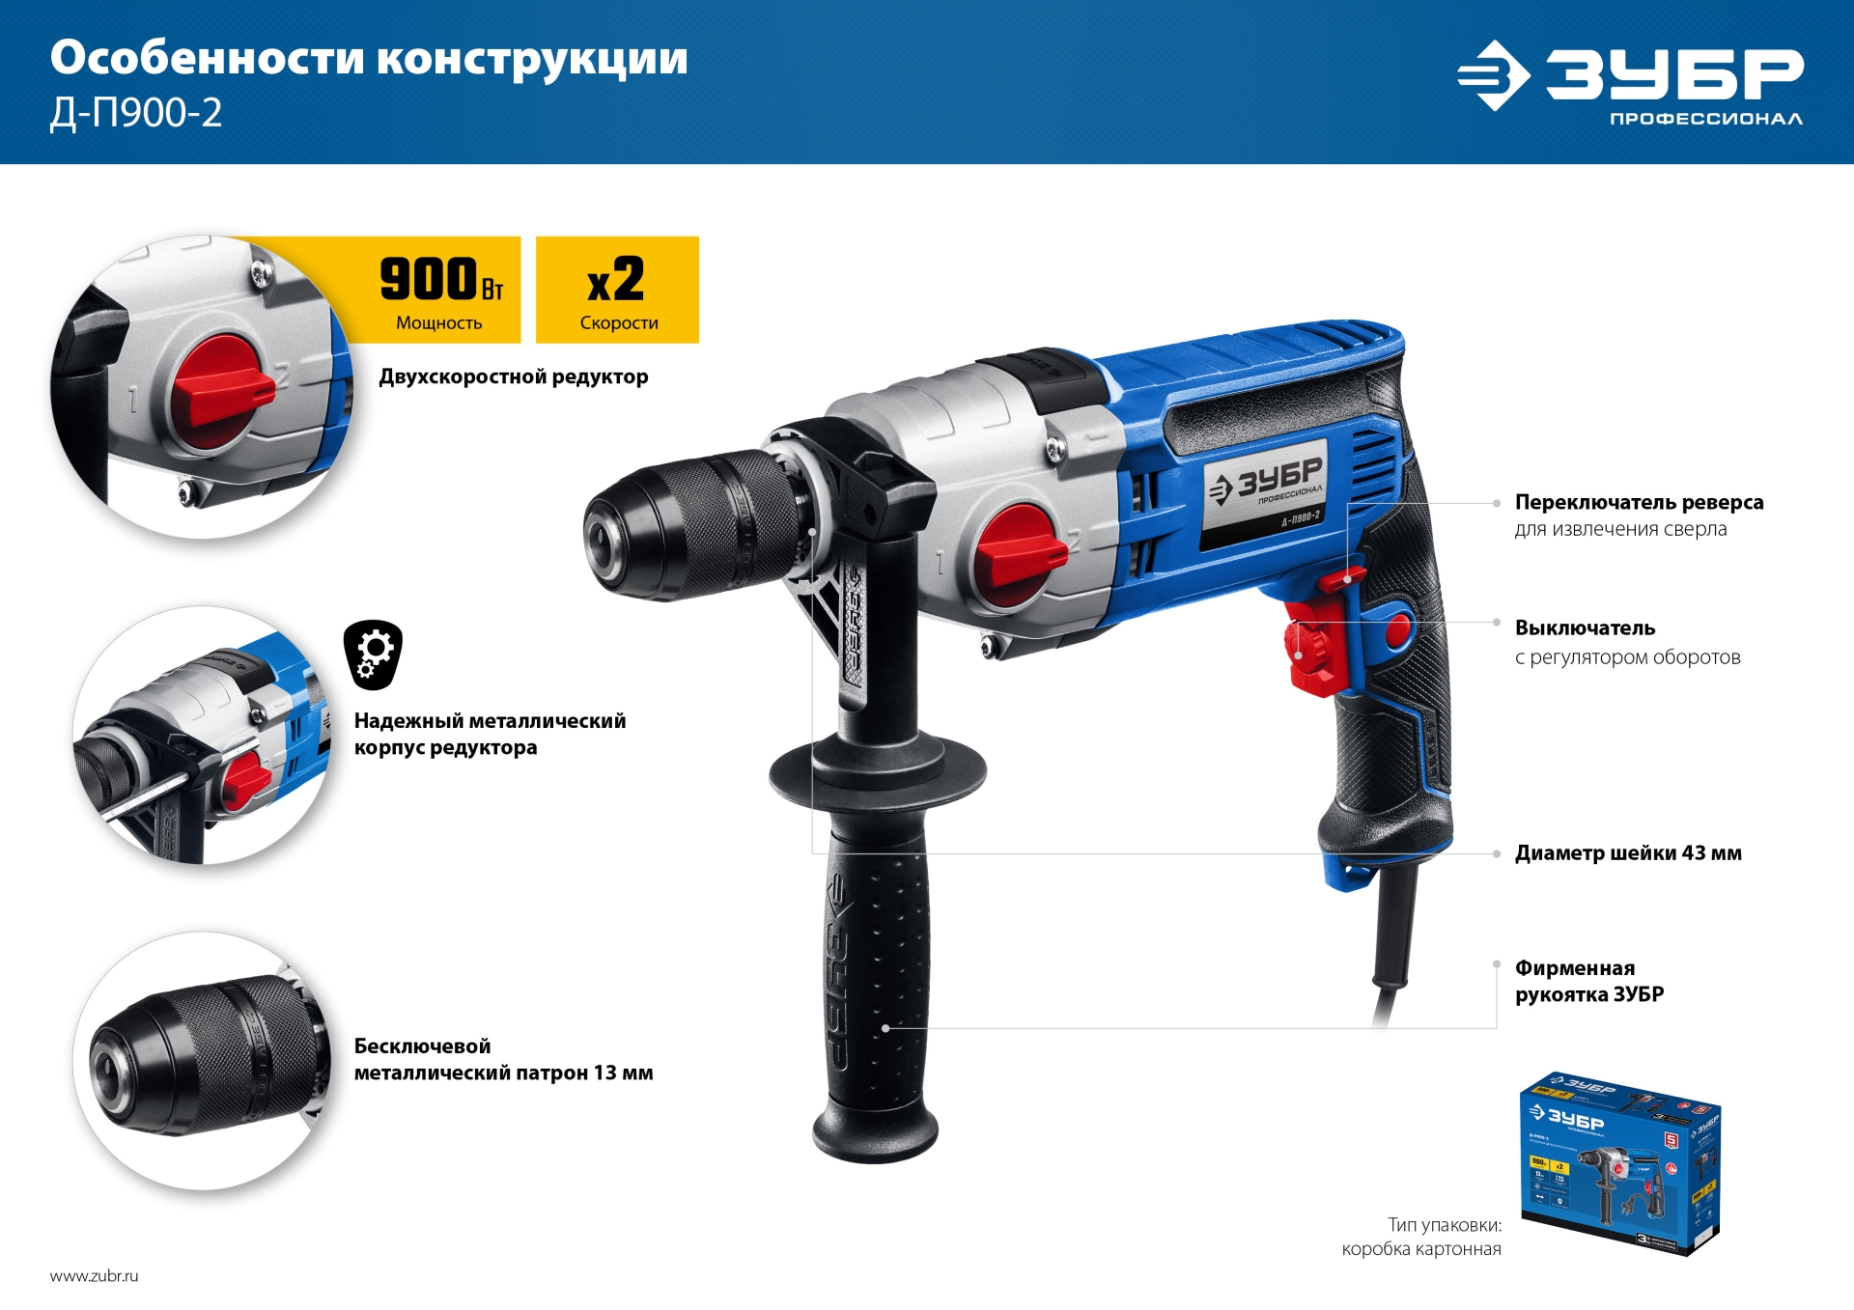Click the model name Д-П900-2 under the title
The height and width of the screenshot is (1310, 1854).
pos(136,114)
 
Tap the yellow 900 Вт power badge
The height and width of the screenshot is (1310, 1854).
pos(440,290)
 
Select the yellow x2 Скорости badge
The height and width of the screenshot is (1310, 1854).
pos(617,290)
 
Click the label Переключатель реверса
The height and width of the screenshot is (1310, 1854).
pos(1639,502)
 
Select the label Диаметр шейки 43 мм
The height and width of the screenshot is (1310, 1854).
pos(1628,853)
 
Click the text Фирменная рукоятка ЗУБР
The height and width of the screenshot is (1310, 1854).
pos(1588,981)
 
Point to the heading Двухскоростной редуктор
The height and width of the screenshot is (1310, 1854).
pos(513,376)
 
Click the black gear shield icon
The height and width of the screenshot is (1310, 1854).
pos(373,655)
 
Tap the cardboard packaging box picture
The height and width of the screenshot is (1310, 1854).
pos(1619,1162)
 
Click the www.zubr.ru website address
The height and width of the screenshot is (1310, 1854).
pos(94,1275)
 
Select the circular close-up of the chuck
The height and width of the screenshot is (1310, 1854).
pos(203,1059)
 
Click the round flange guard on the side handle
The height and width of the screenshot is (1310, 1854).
pos(877,772)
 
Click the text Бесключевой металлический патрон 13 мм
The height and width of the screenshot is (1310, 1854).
pos(503,1059)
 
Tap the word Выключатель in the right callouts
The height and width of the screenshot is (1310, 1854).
pos(1585,628)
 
